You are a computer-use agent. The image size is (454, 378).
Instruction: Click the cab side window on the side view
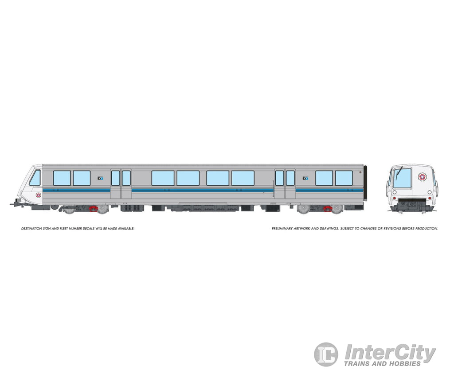[35, 178]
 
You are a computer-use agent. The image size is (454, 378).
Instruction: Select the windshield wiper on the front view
[399, 171]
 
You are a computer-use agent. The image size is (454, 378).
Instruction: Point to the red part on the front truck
[94, 208]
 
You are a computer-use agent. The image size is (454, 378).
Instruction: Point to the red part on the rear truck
[328, 208]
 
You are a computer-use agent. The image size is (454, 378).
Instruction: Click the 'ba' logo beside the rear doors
[305, 178]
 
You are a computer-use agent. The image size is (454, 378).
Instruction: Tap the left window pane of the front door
[115, 178]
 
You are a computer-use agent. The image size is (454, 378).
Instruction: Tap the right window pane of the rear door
[290, 178]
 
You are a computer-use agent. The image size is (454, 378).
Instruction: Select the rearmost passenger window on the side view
[344, 178]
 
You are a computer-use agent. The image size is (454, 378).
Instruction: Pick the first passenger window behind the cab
[62, 178]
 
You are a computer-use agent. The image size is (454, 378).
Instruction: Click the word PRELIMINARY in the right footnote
[283, 229]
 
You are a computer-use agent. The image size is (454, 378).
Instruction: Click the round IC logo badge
[326, 354]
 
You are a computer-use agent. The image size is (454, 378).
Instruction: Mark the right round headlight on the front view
[430, 192]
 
